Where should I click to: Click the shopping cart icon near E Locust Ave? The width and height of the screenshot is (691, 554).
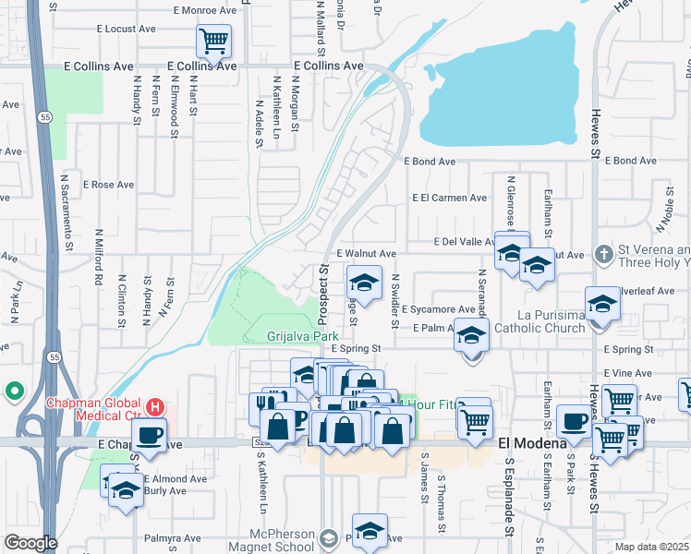click(213, 40)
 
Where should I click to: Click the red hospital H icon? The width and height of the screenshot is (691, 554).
click(156, 406)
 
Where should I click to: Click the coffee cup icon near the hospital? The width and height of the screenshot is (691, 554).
click(149, 434)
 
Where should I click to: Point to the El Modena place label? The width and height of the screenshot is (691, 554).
click(531, 443)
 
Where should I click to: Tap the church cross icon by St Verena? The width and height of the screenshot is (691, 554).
click(602, 253)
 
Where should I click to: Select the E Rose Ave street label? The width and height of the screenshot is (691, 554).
click(109, 185)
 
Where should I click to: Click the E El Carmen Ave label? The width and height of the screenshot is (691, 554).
click(450, 198)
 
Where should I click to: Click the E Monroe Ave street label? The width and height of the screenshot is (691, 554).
click(205, 10)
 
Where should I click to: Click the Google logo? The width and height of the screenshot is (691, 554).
click(30, 543)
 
